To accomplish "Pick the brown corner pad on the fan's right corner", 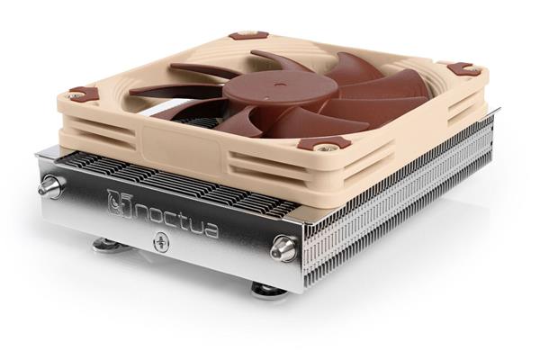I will point(462,68).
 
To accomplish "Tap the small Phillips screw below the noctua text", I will point(163,241).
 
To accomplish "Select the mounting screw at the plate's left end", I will point(50,187).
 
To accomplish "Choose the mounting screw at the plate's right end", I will point(284,248).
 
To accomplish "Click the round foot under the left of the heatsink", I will point(110,243).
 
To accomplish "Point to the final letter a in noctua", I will point(210,229).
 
